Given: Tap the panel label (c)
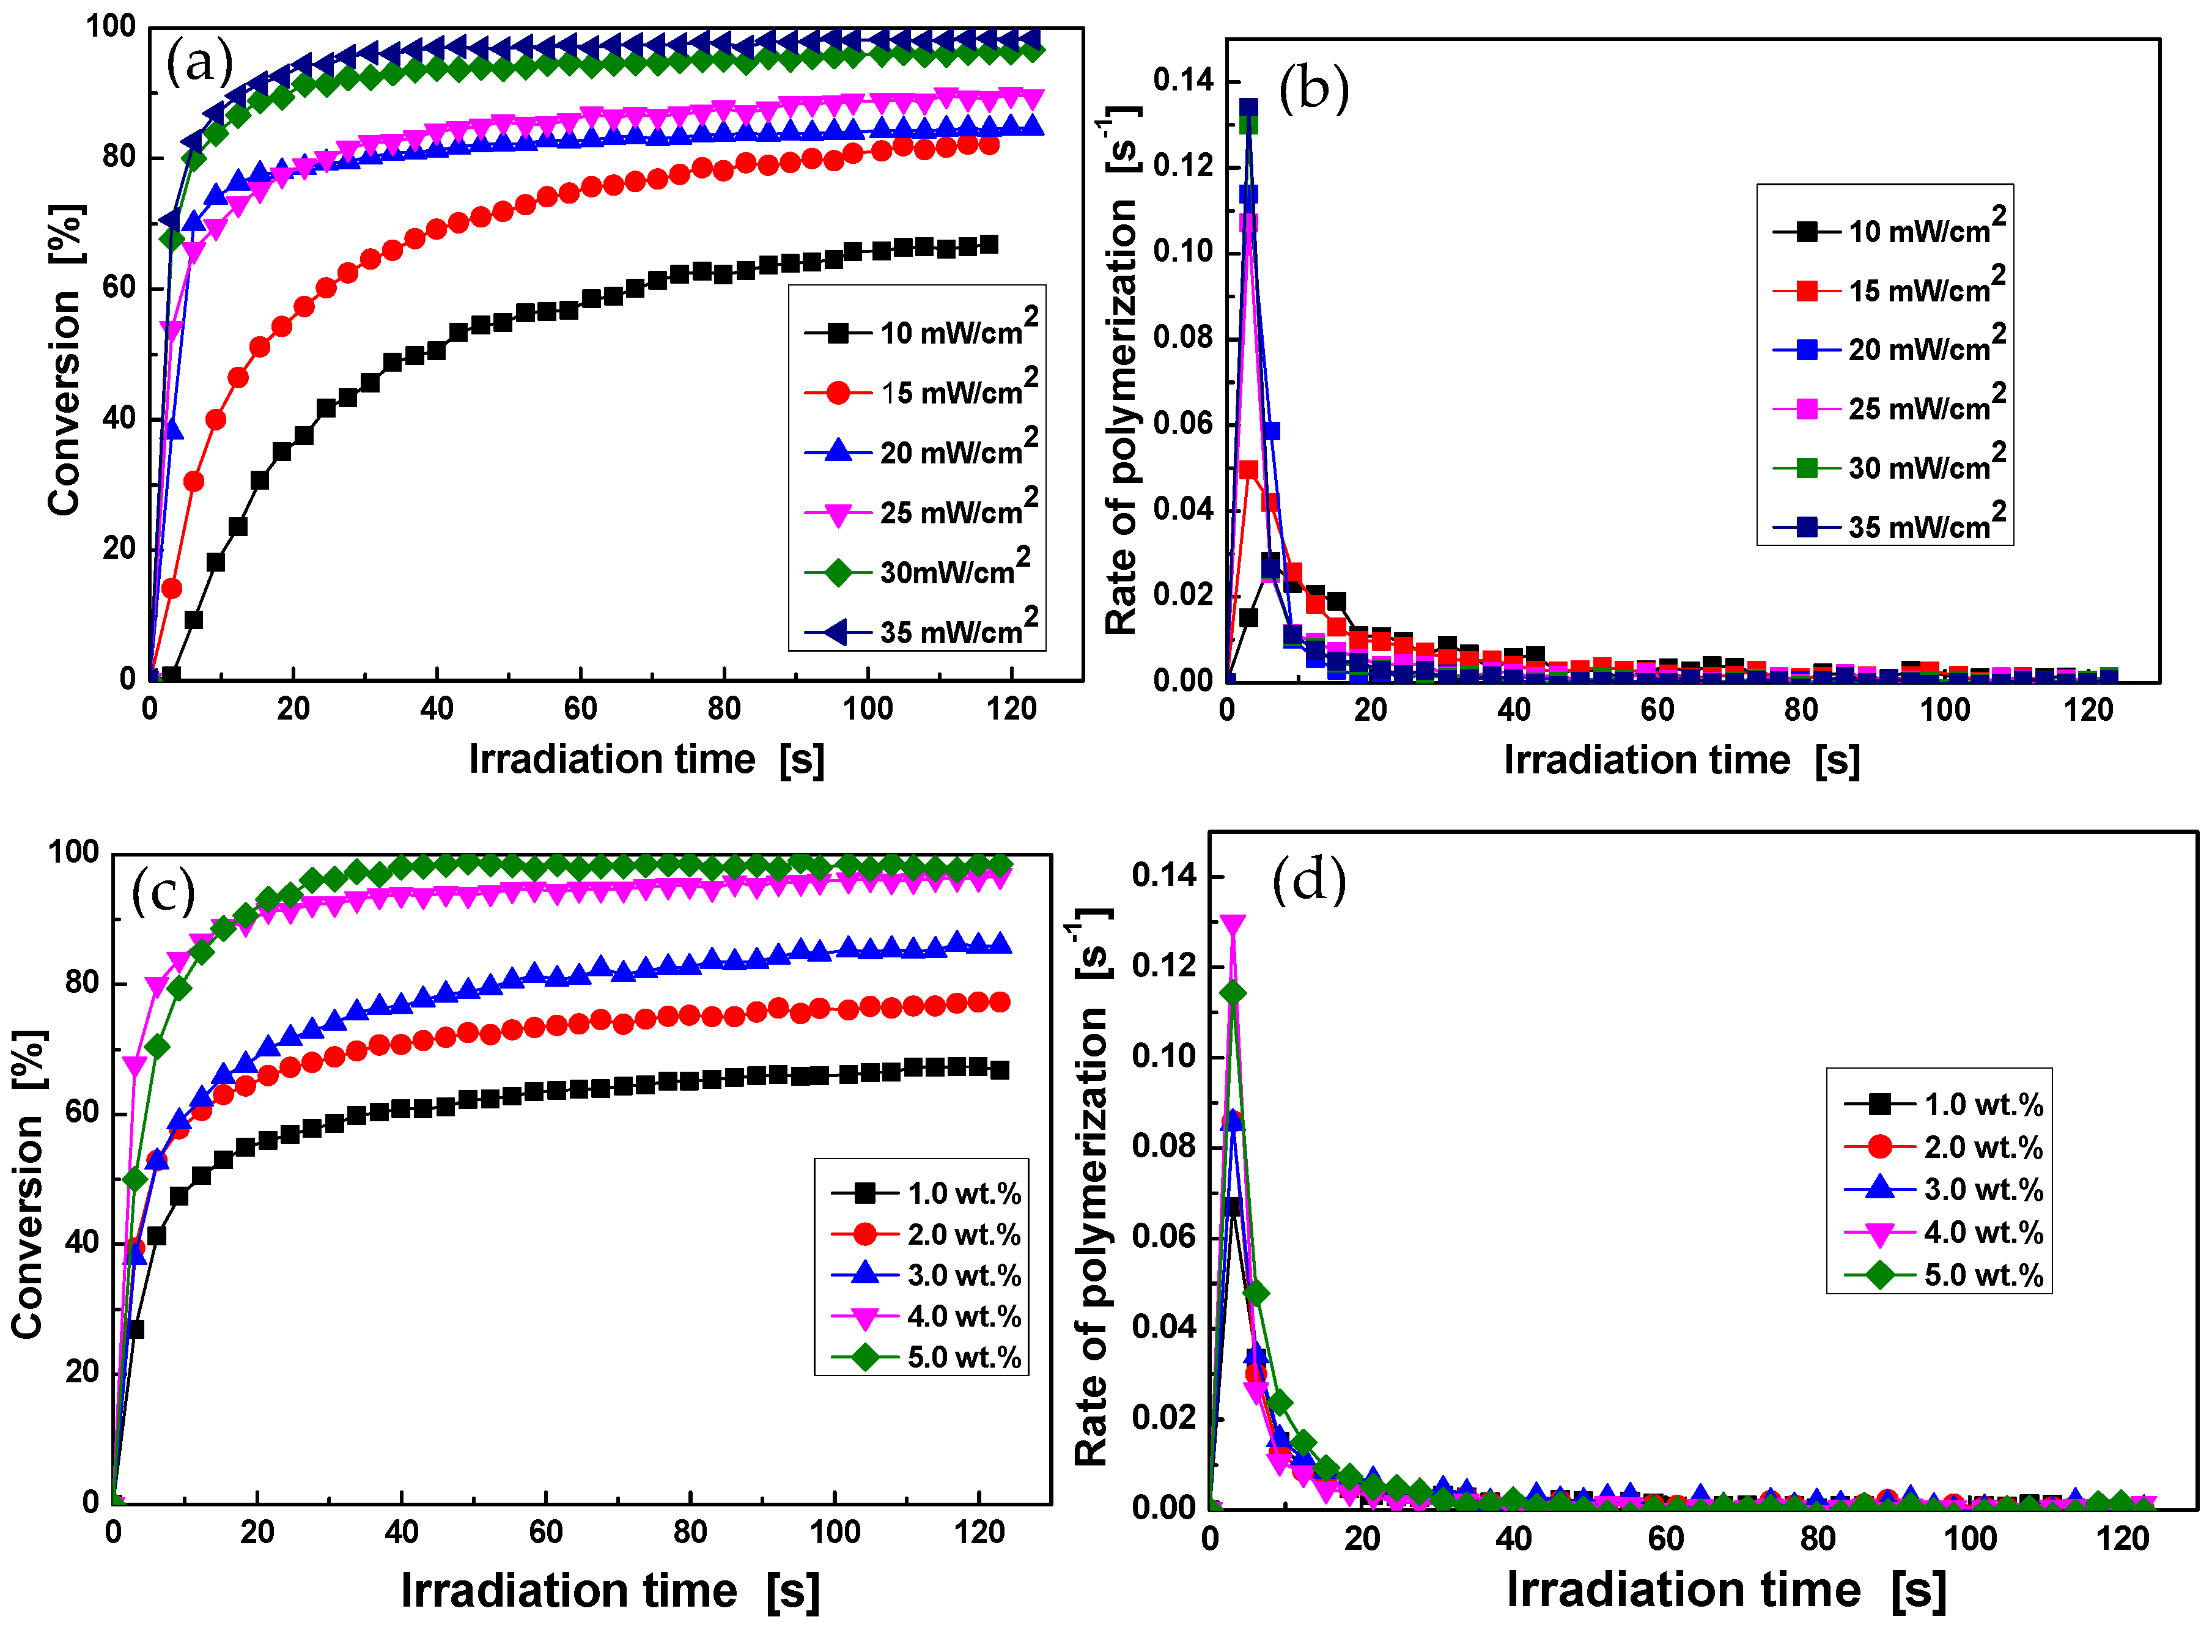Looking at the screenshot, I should [163, 892].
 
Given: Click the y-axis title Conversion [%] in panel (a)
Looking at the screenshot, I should [65, 360].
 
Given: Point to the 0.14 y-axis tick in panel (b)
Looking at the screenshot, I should [1182, 81].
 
